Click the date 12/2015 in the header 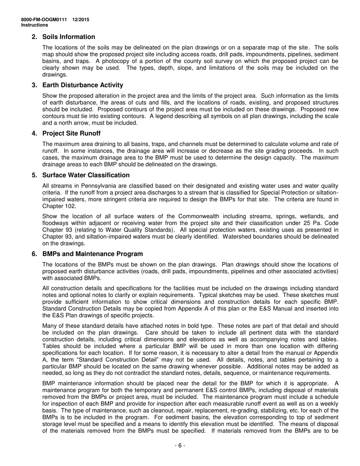(x=82, y=20)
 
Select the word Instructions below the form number (x=34, y=25)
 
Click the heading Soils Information (x=69, y=37)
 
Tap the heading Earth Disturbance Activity (x=83, y=85)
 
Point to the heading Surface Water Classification (x=86, y=175)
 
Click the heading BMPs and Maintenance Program (x=92, y=254)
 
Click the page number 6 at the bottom (x=180, y=446)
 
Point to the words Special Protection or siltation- (x=305, y=192)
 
